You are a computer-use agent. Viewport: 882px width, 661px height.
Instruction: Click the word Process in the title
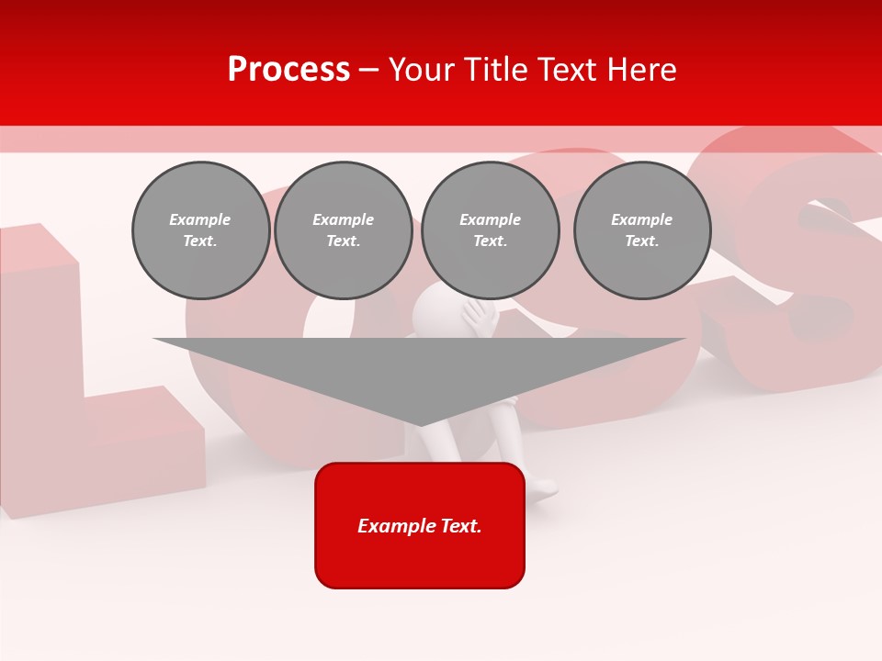[288, 70]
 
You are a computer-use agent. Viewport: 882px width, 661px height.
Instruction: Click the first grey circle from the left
[200, 230]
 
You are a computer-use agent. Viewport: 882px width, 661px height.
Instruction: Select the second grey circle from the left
[343, 230]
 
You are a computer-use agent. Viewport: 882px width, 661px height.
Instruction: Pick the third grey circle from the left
[490, 230]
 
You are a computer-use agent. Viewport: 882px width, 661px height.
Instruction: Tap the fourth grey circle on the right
[642, 230]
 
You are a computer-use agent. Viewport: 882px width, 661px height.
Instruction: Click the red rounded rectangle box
[420, 525]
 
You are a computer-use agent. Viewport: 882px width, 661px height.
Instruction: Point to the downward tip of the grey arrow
[421, 422]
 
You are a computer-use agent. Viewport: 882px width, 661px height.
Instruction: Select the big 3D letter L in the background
[73, 386]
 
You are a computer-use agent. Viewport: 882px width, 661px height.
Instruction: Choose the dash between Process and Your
[369, 70]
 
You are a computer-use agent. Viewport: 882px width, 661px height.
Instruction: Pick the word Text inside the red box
[462, 526]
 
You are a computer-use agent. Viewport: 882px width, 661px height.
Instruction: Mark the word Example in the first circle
[200, 219]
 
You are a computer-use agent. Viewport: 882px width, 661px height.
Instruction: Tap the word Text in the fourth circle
[641, 241]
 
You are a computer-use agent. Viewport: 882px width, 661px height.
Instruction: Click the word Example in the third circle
[490, 219]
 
